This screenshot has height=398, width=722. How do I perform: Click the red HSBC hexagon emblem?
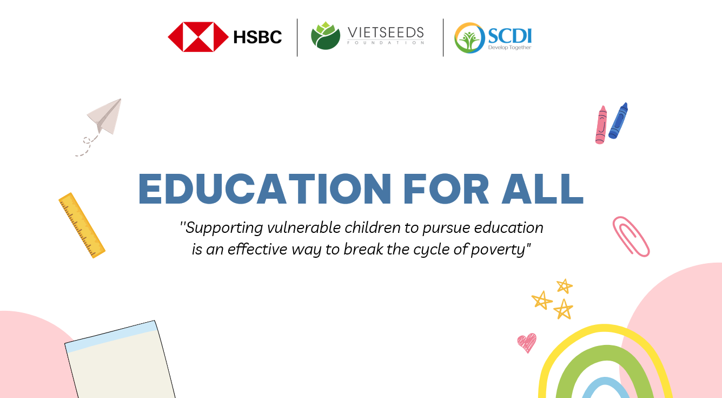198,37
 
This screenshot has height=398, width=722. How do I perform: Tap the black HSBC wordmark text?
257,37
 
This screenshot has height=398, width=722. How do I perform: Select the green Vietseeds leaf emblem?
325,36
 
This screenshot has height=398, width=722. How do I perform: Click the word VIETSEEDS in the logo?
386,32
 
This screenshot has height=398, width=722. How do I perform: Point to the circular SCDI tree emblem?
469,38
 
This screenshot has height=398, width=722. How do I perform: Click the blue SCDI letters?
509,36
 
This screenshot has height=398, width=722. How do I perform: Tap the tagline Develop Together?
509,48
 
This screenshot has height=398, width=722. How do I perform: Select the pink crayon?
601,125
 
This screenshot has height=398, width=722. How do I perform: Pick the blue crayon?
618,121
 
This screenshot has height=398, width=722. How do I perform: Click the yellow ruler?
82,225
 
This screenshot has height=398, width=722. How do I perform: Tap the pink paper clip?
631,237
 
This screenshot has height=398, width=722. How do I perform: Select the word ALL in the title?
542,189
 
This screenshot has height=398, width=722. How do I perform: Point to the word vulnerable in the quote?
304,227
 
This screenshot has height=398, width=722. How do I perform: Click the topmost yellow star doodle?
565,286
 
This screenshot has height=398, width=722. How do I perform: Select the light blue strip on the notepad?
111,336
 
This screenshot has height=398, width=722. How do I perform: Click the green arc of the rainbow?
606,352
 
